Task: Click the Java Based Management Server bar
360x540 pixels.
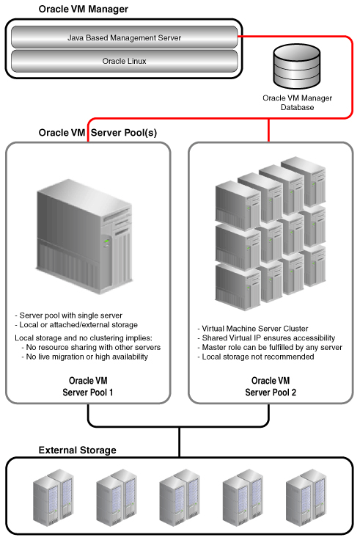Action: pyautogui.click(x=124, y=37)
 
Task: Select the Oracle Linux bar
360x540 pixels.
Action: pyautogui.click(x=124, y=61)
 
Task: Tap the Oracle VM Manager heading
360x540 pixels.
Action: pyautogui.click(x=84, y=9)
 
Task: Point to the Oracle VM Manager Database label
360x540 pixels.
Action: pyautogui.click(x=297, y=103)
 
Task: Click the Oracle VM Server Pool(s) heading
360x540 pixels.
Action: pyautogui.click(x=98, y=133)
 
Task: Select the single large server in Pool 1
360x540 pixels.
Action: pyautogui.click(x=84, y=236)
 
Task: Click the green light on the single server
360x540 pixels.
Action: pyautogui.click(x=107, y=241)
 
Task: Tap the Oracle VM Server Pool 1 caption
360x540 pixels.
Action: pyautogui.click(x=88, y=387)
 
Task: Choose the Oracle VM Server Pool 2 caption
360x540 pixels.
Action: pyautogui.click(x=271, y=387)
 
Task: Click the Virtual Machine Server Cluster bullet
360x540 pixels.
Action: pyautogui.click(x=253, y=329)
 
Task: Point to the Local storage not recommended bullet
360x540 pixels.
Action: pyautogui.click(x=256, y=357)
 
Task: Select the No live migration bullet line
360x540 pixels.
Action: pyautogui.click(x=84, y=357)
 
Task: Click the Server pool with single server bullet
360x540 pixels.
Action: pyautogui.click(x=68, y=315)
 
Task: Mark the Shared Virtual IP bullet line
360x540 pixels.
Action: pyautogui.click(x=266, y=337)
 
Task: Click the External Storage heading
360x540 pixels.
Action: pyautogui.click(x=78, y=450)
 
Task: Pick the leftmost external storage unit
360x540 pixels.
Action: pyautogui.click(x=54, y=497)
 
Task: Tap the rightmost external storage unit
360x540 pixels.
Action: pyautogui.click(x=306, y=497)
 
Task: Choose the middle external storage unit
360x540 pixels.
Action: pyautogui.click(x=180, y=497)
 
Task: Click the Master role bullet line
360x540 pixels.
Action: pyautogui.click(x=270, y=347)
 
